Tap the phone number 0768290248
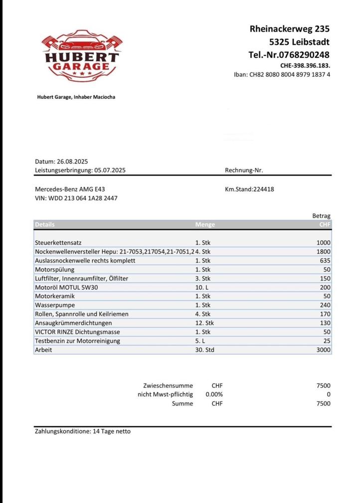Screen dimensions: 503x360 [x=289, y=54]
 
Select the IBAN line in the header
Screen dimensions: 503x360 [x=282, y=75]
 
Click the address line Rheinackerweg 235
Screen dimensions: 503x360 [x=289, y=29]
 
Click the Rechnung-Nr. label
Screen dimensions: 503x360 [x=244, y=170]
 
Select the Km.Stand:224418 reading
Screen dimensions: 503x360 [x=249, y=189]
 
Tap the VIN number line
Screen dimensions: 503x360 [x=76, y=198]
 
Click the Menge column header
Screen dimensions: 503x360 [x=205, y=225]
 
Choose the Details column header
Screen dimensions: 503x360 [x=45, y=225]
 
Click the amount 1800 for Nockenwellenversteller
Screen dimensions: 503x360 [x=323, y=251]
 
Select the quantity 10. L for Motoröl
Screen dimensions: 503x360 [x=201, y=287]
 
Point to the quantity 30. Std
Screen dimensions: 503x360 [x=204, y=350]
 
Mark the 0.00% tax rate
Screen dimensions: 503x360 [x=214, y=394]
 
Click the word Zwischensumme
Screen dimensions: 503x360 [x=168, y=385]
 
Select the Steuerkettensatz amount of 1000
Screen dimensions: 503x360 [x=323, y=243]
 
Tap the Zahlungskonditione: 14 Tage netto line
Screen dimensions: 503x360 [x=83, y=431]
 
